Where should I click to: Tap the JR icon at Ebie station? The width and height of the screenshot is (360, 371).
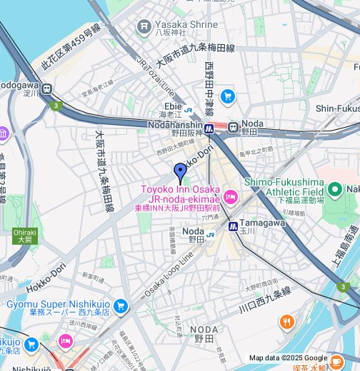click(x=187, y=111)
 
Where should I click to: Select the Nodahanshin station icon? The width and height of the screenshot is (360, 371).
click(x=209, y=129)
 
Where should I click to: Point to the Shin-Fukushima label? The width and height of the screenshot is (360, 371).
click(x=336, y=108)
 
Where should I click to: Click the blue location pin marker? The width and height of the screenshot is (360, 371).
click(x=180, y=173)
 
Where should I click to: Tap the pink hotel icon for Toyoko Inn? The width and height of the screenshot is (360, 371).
click(x=230, y=196)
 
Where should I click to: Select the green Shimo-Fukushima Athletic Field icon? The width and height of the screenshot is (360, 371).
click(x=334, y=190)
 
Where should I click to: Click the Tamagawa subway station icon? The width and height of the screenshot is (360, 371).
click(x=233, y=225)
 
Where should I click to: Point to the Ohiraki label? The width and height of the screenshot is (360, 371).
click(x=24, y=231)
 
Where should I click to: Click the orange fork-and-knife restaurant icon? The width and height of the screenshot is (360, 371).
click(x=286, y=322)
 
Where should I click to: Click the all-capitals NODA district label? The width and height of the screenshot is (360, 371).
click(x=204, y=329)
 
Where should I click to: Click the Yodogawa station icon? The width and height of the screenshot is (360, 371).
click(x=47, y=90)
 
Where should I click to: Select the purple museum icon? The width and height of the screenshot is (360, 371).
click(x=3, y=133)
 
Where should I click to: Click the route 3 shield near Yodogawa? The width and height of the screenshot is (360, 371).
click(x=55, y=106)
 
